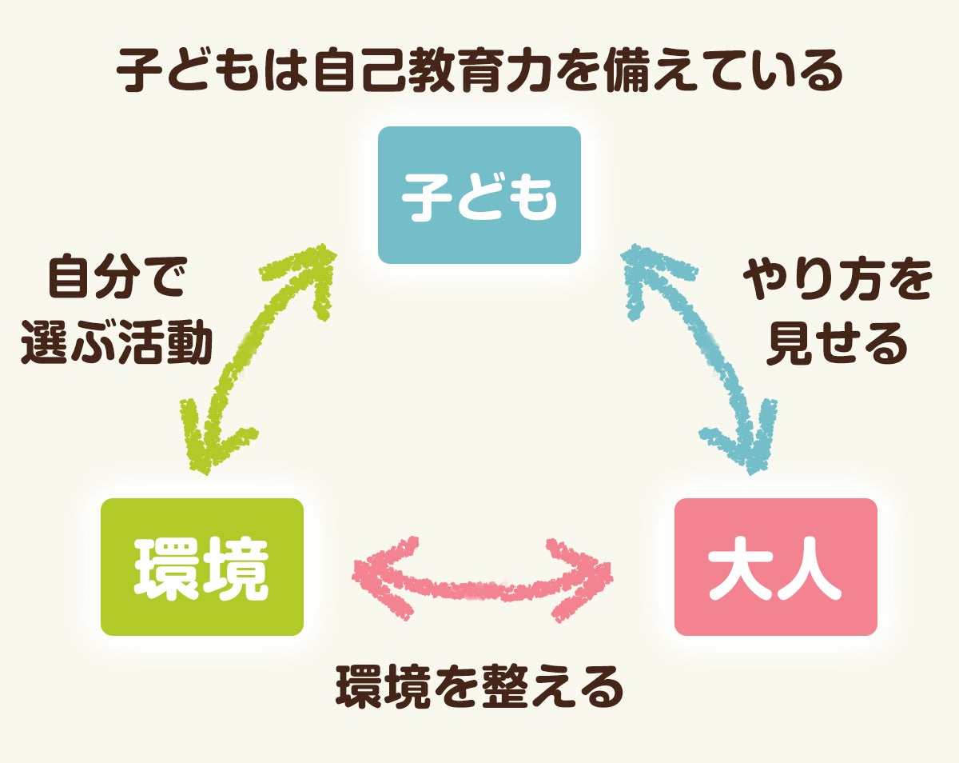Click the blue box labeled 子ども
tap(479, 195)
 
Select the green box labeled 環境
tap(201, 567)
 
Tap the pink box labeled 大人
tap(775, 567)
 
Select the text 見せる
tap(837, 345)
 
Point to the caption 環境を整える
tap(479, 687)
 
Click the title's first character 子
tap(137, 73)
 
